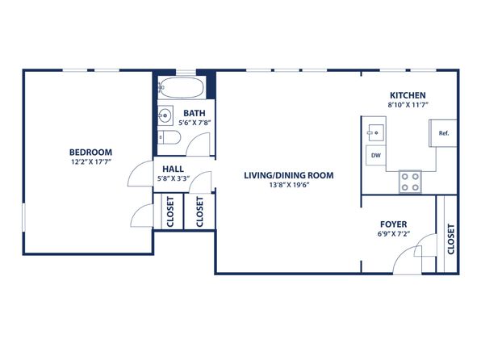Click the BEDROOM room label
point(90,153)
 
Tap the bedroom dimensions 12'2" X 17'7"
point(90,161)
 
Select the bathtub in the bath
point(182,87)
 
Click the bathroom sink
point(165,115)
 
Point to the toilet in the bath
point(169,137)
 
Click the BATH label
point(194,113)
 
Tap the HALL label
point(173,170)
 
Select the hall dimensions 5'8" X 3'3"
point(174,178)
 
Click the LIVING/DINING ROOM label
point(289,175)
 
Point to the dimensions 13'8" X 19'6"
point(289,185)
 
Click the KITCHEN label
point(408,95)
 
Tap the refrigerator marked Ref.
point(442,133)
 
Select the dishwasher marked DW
point(376,155)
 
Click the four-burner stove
point(410,182)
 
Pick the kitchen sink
point(376,132)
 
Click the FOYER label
point(394,224)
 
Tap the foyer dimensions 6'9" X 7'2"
point(394,234)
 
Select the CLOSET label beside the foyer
point(450,239)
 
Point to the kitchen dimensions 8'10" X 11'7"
point(408,105)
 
